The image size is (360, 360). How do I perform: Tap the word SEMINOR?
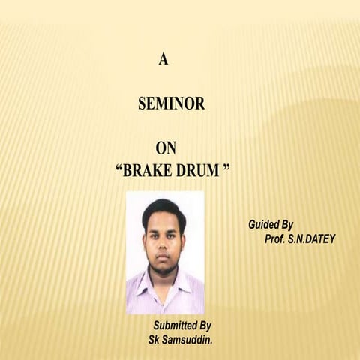click(x=171, y=105)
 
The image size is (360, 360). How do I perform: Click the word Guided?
click(x=264, y=224)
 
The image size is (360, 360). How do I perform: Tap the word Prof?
click(x=276, y=239)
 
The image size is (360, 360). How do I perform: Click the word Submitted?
click(x=175, y=325)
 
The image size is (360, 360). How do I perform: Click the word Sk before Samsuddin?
click(x=155, y=340)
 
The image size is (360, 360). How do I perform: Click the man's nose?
click(x=163, y=248)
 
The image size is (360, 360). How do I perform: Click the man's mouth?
click(x=163, y=259)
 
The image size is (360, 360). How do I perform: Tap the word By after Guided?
click(x=286, y=224)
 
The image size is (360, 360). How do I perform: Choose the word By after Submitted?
click(x=205, y=325)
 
